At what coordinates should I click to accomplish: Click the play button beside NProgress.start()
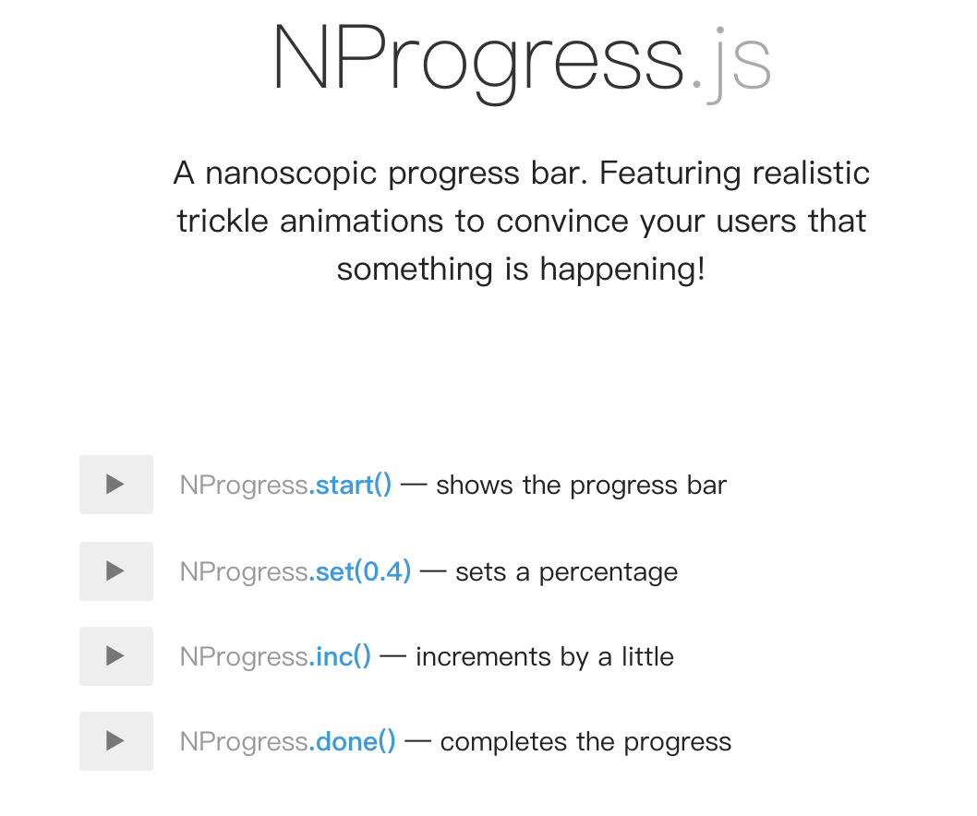[116, 485]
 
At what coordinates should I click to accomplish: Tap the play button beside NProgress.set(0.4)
[116, 571]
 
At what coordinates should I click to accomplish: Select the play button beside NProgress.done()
[116, 741]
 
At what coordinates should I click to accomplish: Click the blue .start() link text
[350, 486]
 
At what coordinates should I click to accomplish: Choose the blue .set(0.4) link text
[360, 571]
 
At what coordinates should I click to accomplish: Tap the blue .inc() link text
[340, 656]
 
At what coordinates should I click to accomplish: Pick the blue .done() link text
[352, 741]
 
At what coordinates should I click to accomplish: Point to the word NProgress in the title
[478, 62]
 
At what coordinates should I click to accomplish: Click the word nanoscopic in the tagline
[291, 174]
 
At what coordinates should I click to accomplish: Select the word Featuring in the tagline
[669, 174]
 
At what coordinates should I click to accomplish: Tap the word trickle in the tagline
[223, 222]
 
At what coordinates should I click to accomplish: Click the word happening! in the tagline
[622, 270]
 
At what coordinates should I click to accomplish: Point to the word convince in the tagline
[562, 222]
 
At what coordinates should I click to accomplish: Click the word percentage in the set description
[609, 572]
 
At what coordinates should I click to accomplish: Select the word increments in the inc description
[483, 657]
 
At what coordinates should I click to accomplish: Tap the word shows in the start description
[474, 486]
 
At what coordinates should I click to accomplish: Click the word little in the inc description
[647, 656]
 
